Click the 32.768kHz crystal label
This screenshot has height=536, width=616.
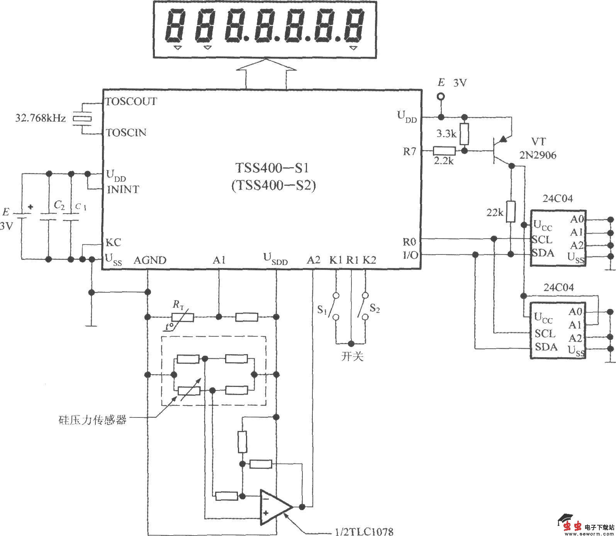[x=41, y=118]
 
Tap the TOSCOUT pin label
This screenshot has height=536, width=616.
[x=131, y=102]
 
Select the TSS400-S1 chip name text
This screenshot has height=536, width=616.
[x=273, y=168]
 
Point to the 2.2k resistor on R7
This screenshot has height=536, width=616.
[x=444, y=151]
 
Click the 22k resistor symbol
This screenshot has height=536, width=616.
[x=511, y=211]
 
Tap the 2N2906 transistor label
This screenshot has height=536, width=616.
[x=538, y=155]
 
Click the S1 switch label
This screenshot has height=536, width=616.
[x=322, y=309]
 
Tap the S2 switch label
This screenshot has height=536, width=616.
[x=375, y=309]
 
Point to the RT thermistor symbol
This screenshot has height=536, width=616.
[x=183, y=317]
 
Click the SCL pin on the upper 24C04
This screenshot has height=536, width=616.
[x=542, y=240]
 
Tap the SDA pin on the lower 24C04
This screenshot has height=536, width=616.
[x=546, y=347]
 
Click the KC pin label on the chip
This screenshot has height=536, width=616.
[x=113, y=243]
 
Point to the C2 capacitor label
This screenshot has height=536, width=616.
[x=59, y=205]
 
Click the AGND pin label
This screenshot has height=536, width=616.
[x=150, y=260]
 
